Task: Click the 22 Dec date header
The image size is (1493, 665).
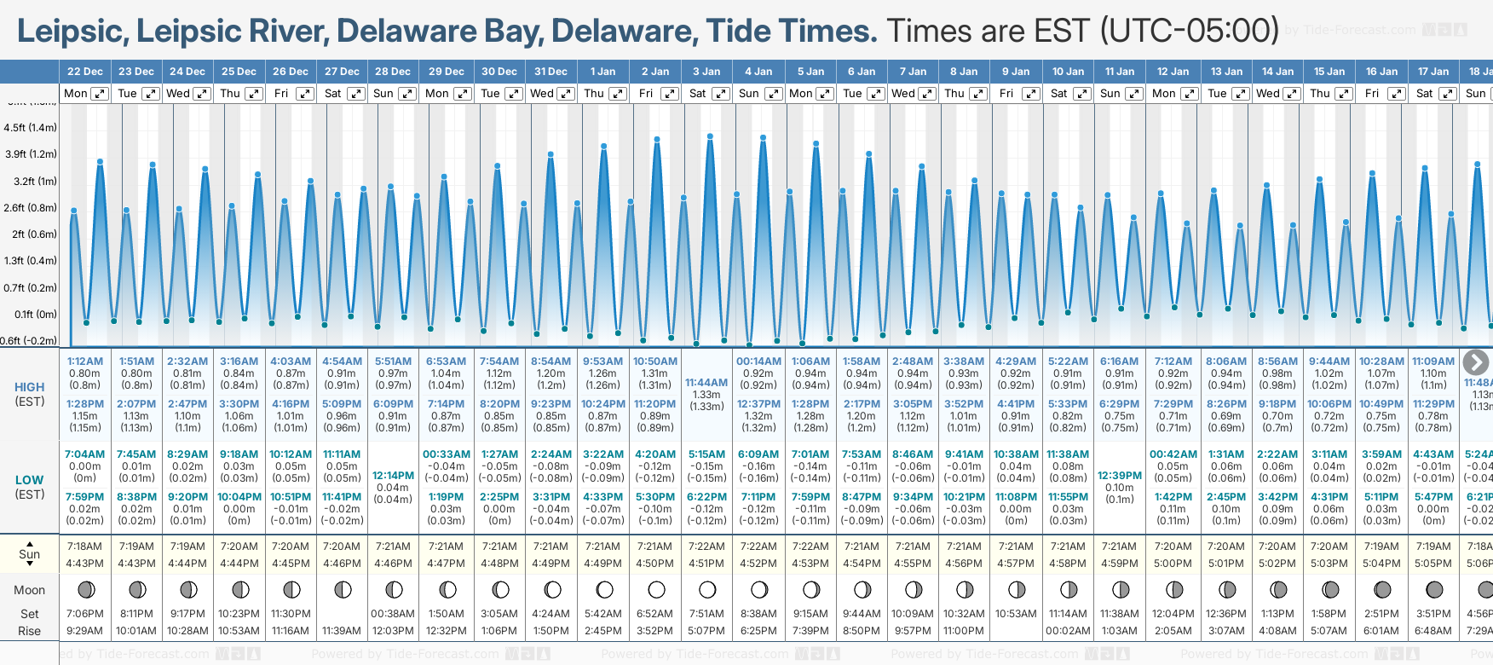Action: click(x=85, y=72)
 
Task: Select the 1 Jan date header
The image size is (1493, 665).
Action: click(x=602, y=72)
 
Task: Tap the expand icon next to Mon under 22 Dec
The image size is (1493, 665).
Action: click(x=100, y=94)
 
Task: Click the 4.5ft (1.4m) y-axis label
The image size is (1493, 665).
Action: click(x=30, y=128)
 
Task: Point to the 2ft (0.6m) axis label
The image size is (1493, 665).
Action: click(x=30, y=234)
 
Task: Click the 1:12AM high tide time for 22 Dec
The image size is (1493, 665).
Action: click(x=85, y=361)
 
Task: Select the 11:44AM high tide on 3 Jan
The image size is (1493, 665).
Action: click(x=706, y=383)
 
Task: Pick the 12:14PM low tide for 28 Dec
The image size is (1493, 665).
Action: click(x=393, y=476)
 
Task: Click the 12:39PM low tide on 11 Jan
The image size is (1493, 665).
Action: click(x=1119, y=476)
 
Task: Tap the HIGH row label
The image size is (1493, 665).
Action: click(x=30, y=387)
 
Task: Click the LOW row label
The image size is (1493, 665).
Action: click(x=30, y=480)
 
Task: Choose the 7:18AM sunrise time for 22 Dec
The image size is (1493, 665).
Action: click(x=84, y=546)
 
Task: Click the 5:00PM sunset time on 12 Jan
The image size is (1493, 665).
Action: click(x=1173, y=564)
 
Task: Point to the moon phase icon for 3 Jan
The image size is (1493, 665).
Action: click(x=707, y=589)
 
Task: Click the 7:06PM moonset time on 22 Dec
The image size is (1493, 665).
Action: click(x=84, y=614)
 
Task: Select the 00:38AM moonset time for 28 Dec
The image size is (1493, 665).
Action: click(x=393, y=614)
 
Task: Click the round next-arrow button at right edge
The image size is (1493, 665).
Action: click(x=1475, y=362)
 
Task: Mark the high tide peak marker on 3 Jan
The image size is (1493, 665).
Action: click(x=710, y=136)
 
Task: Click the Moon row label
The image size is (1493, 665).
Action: click(x=30, y=590)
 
